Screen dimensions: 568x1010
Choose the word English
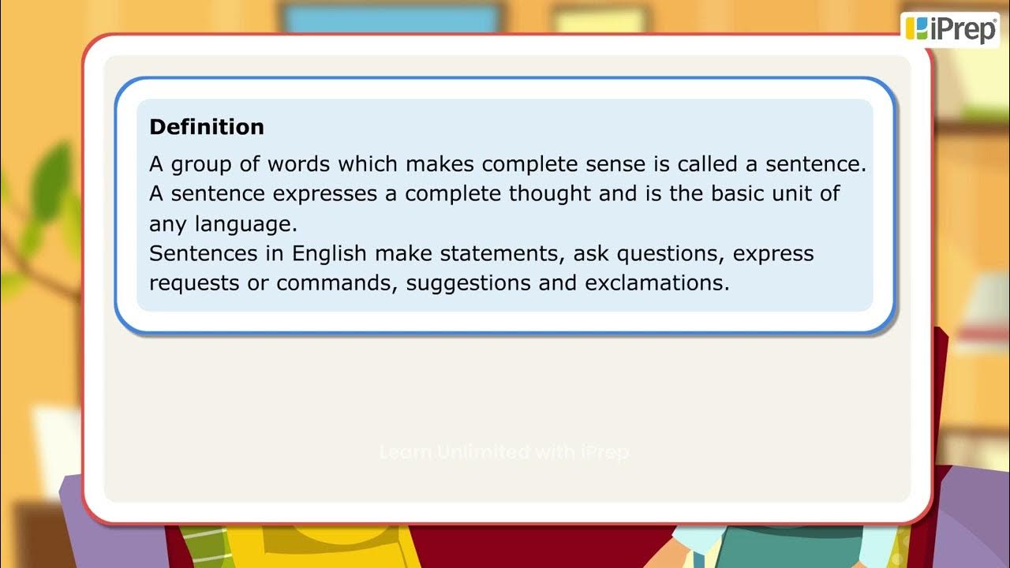(x=329, y=254)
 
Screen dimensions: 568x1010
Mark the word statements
(x=500, y=254)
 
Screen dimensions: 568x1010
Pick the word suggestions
(x=469, y=283)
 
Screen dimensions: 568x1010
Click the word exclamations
(x=656, y=283)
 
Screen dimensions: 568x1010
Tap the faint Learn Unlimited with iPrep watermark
(x=504, y=453)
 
